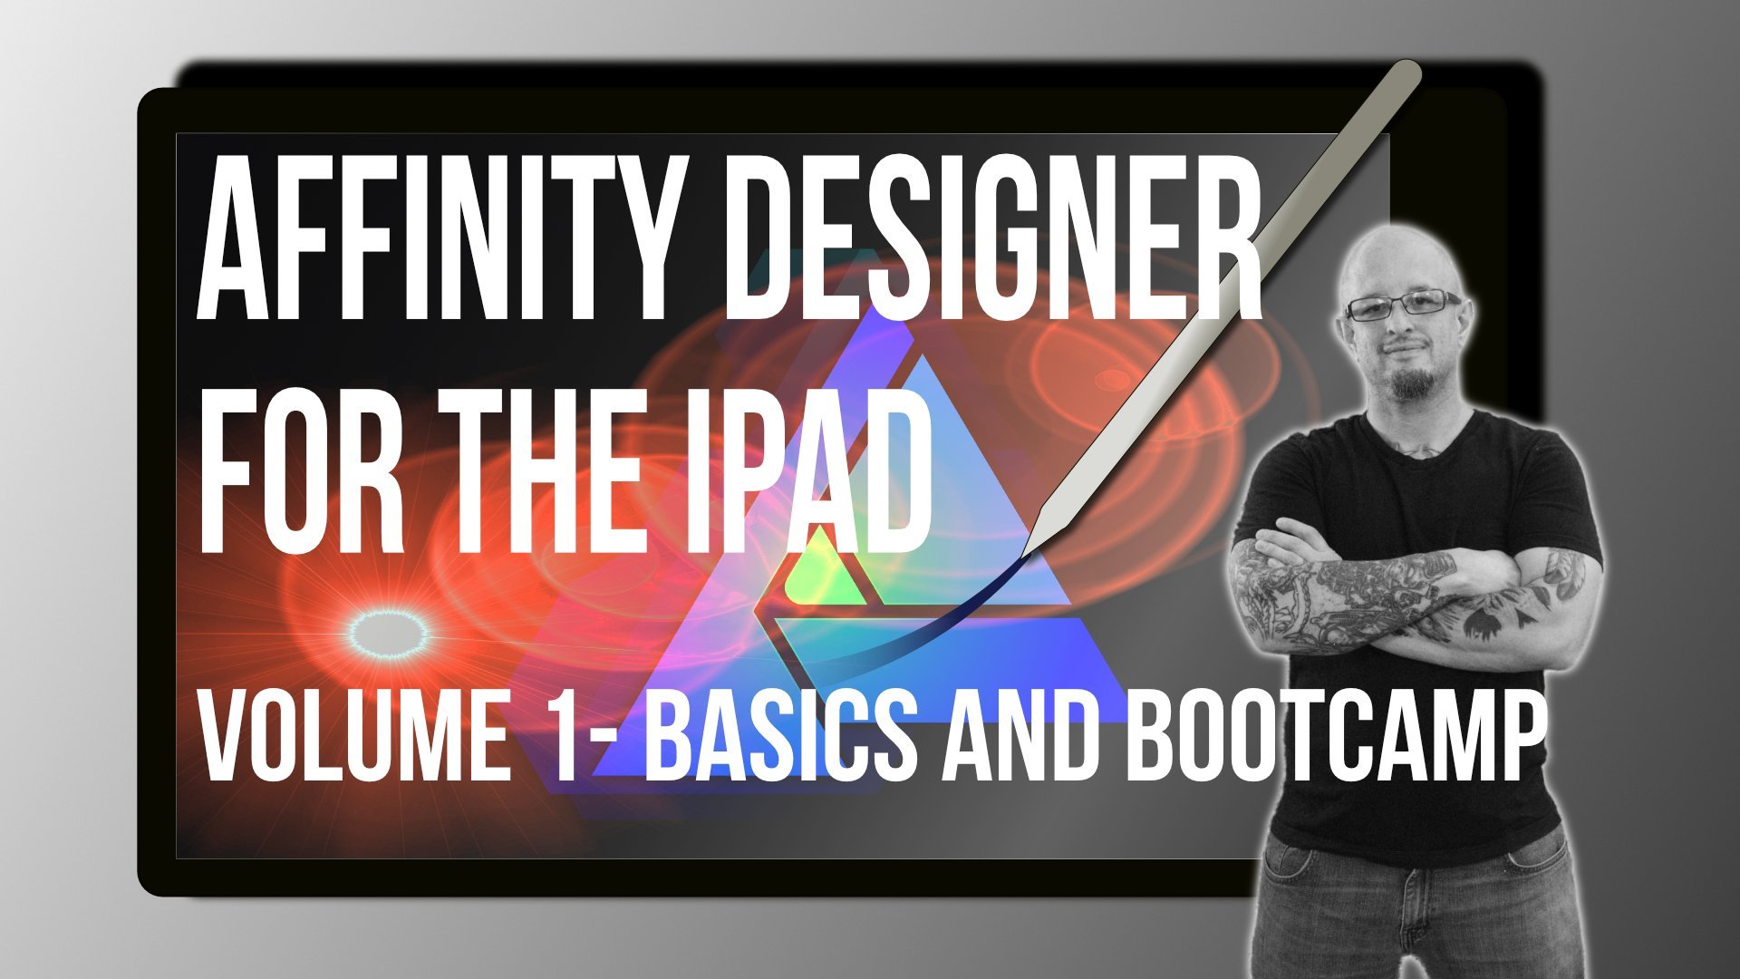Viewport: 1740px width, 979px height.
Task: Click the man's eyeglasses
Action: coord(1402,305)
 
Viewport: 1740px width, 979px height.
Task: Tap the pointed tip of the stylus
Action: coord(1025,554)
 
